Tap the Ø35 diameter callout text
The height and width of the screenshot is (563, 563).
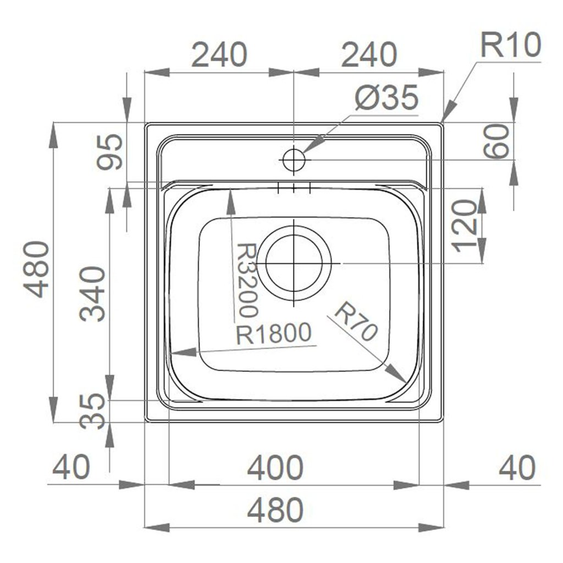387,99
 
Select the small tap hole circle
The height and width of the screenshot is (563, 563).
294,160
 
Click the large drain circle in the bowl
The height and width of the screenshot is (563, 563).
297,263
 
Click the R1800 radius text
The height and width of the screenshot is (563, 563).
274,334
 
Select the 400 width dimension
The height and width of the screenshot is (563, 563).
275,468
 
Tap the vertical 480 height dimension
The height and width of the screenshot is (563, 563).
39,269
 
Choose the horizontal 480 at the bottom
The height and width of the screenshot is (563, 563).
275,510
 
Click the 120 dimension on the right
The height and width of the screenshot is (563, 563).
465,226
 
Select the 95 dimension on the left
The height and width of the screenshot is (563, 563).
108,152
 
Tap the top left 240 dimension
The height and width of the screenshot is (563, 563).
219,55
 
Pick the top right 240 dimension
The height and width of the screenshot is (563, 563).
368,55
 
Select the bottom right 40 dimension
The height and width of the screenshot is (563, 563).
516,468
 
